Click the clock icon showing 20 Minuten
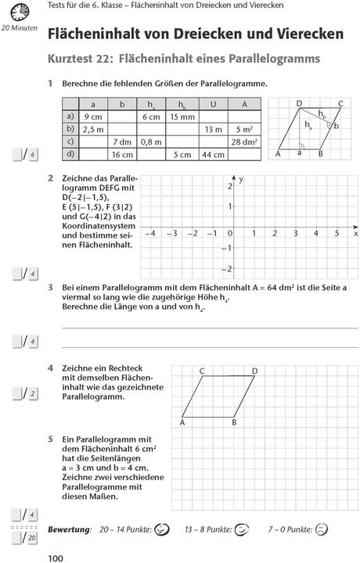[x=16, y=12]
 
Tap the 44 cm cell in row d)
[x=213, y=155]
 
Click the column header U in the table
[x=213, y=103]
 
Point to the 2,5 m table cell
[x=93, y=129]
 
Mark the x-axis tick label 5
[x=337, y=233]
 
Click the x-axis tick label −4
[x=151, y=233]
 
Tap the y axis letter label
[x=241, y=179]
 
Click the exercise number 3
[x=50, y=288]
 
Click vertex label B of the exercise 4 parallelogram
[x=234, y=422]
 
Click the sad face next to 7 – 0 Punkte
[x=321, y=529]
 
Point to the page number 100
[x=56, y=556]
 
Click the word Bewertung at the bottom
[x=69, y=530]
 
